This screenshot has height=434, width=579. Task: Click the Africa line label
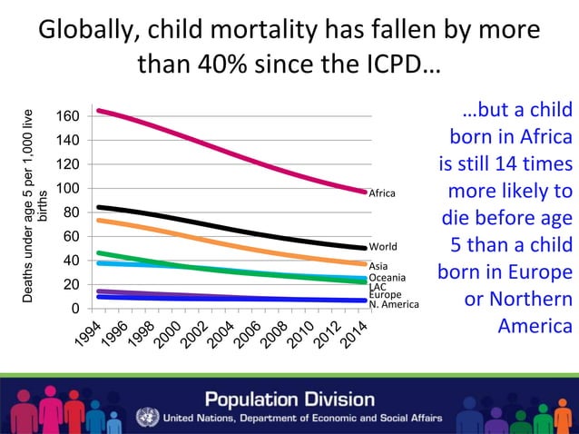pyautogui.click(x=382, y=193)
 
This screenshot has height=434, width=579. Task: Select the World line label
pyautogui.click(x=383, y=246)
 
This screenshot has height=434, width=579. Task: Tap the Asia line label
pyautogui.click(x=378, y=266)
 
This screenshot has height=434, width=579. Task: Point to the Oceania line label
pyautogui.click(x=387, y=277)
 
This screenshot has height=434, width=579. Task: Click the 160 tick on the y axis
pyautogui.click(x=67, y=116)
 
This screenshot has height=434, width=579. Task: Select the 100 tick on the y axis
pyautogui.click(x=67, y=189)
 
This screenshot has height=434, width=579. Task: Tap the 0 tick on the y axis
pyautogui.click(x=74, y=309)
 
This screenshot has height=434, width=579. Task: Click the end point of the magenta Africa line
pyautogui.click(x=365, y=192)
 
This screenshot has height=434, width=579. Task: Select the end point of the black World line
pyautogui.click(x=365, y=248)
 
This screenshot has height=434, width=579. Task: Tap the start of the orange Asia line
pyautogui.click(x=98, y=220)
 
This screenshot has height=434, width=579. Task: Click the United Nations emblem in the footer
pyautogui.click(x=147, y=418)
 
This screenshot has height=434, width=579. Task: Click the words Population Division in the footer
pyautogui.click(x=289, y=399)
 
